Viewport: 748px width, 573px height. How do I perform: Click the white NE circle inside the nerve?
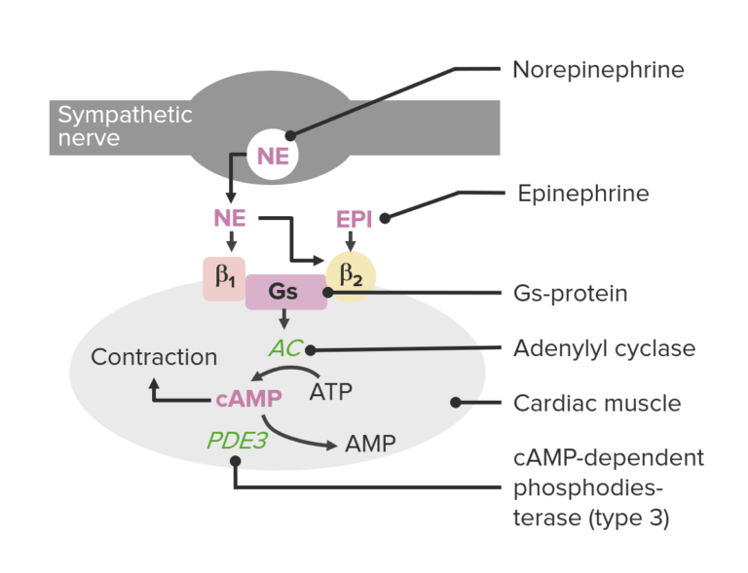[x=273, y=156]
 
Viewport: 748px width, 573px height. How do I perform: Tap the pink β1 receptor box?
[x=225, y=278]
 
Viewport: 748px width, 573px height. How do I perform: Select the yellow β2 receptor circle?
[x=350, y=278]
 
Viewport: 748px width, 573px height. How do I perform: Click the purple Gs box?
[x=284, y=291]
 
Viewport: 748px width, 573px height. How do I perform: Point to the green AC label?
[x=283, y=349]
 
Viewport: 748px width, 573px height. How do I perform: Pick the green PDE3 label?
[x=237, y=441]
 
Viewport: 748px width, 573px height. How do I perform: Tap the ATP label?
[x=331, y=393]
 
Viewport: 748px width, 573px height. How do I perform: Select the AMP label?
[x=370, y=444]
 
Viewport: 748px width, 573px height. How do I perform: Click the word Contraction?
[x=154, y=357]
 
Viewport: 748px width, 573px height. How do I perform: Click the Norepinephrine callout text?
[x=598, y=70]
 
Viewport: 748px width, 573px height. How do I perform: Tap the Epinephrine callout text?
[x=582, y=194]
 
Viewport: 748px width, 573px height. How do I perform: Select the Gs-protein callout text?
[x=571, y=292]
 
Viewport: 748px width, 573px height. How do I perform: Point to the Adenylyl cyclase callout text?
[x=604, y=348]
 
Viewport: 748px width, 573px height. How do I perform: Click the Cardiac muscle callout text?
[x=596, y=402]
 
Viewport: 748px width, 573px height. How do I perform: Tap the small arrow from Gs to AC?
[x=283, y=320]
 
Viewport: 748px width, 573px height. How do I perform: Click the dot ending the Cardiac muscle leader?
[x=453, y=402]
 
